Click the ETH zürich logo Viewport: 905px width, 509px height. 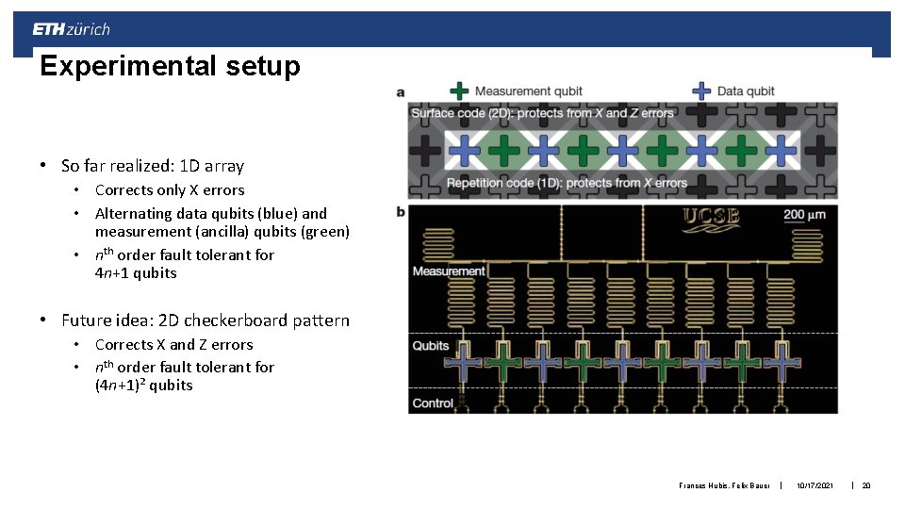pos(72,29)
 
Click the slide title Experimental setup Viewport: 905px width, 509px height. pos(170,66)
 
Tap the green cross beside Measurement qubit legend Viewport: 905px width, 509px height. pos(458,91)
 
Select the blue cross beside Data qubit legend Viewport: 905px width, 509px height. pos(700,91)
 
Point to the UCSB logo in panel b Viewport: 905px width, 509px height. pos(712,218)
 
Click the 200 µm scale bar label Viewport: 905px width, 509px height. pos(804,214)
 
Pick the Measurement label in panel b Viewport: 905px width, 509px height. pos(449,271)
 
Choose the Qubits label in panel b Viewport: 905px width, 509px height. pos(431,346)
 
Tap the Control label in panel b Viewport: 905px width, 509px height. pos(433,403)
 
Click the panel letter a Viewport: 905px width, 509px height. pos(401,92)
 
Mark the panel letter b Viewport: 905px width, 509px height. pos(401,211)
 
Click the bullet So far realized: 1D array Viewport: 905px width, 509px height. pos(152,166)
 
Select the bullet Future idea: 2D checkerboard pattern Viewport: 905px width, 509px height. pos(205,320)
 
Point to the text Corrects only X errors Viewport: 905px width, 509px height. pos(170,190)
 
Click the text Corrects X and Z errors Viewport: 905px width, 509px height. pos(174,345)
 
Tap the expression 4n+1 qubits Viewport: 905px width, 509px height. pos(136,273)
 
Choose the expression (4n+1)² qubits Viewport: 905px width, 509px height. pos(143,385)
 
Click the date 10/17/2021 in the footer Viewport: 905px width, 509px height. pos(814,485)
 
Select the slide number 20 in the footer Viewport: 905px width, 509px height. pos(866,485)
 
